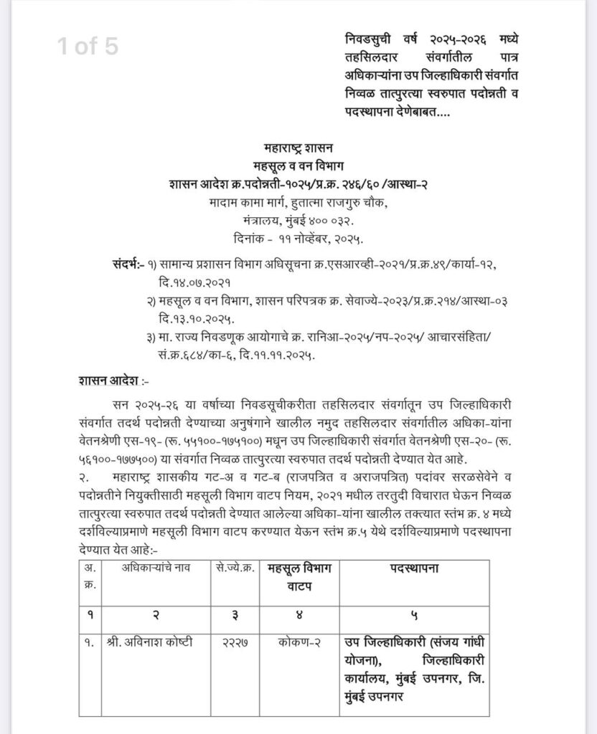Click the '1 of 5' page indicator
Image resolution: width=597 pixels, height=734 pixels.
[88, 46]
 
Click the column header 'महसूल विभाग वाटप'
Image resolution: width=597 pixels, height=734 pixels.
[292, 576]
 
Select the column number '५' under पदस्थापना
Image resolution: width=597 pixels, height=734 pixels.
[414, 614]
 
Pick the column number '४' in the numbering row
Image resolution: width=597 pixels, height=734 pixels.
[292, 614]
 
